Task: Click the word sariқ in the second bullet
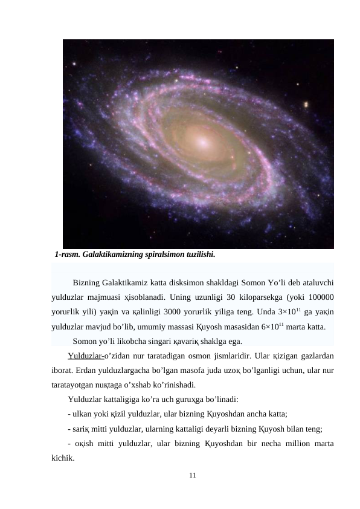tap(83, 429)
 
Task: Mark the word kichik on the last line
tap(63, 458)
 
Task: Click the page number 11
tap(192, 477)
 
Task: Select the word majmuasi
tap(102, 297)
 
